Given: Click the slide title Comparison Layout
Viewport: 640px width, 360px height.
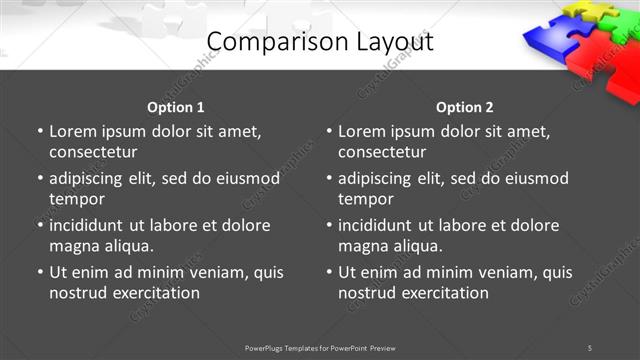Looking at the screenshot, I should click(x=320, y=42).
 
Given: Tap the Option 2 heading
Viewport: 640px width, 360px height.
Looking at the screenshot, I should click(x=464, y=107).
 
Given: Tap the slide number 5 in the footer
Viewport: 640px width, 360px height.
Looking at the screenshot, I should click(x=590, y=348).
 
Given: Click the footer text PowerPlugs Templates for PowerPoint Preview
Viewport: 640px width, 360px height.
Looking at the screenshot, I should click(x=320, y=348).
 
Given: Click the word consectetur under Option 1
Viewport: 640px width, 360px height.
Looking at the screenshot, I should click(x=93, y=152).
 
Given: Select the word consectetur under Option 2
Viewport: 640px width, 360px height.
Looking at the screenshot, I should click(x=382, y=152).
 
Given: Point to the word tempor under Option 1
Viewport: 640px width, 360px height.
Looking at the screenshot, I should click(x=76, y=199).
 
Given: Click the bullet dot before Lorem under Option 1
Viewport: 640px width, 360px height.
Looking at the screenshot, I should click(x=39, y=131).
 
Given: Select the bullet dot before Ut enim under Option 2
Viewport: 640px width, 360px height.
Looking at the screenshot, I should click(x=328, y=272).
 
